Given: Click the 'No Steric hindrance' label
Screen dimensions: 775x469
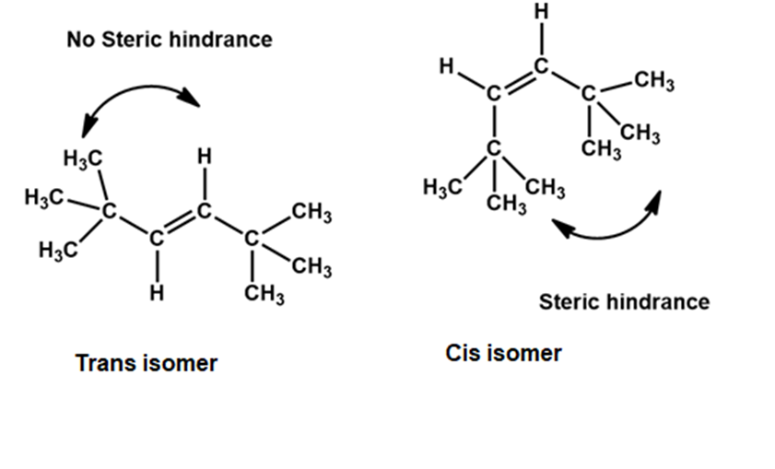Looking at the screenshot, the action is (x=170, y=40).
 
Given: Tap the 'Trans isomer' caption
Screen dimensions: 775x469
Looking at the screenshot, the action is (x=147, y=363).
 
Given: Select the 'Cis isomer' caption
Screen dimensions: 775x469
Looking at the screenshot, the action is (x=503, y=353).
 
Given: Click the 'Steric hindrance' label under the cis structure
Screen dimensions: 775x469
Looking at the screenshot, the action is (x=624, y=301).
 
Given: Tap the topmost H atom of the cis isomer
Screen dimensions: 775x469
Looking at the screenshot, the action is (x=542, y=11).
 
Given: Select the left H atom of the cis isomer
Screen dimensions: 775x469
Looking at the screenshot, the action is (x=447, y=65).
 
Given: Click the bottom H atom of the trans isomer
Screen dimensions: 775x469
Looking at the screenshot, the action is (x=157, y=293).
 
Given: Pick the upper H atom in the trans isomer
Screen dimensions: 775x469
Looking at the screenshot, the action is (x=205, y=157).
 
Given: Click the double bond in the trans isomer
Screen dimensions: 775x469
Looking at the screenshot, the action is (x=180, y=225).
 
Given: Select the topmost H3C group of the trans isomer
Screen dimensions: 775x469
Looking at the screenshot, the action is (x=83, y=158).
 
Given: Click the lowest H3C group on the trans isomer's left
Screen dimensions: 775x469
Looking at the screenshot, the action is (x=58, y=250).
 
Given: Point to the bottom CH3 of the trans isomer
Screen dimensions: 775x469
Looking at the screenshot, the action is (x=264, y=294).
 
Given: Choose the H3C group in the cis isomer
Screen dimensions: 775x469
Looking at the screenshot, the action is (x=442, y=187).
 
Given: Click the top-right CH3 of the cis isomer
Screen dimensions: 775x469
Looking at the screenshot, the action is (x=654, y=80).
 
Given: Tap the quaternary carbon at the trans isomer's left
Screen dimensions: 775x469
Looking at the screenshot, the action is (x=110, y=212).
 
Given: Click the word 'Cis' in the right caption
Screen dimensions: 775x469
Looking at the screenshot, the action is (x=462, y=353).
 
